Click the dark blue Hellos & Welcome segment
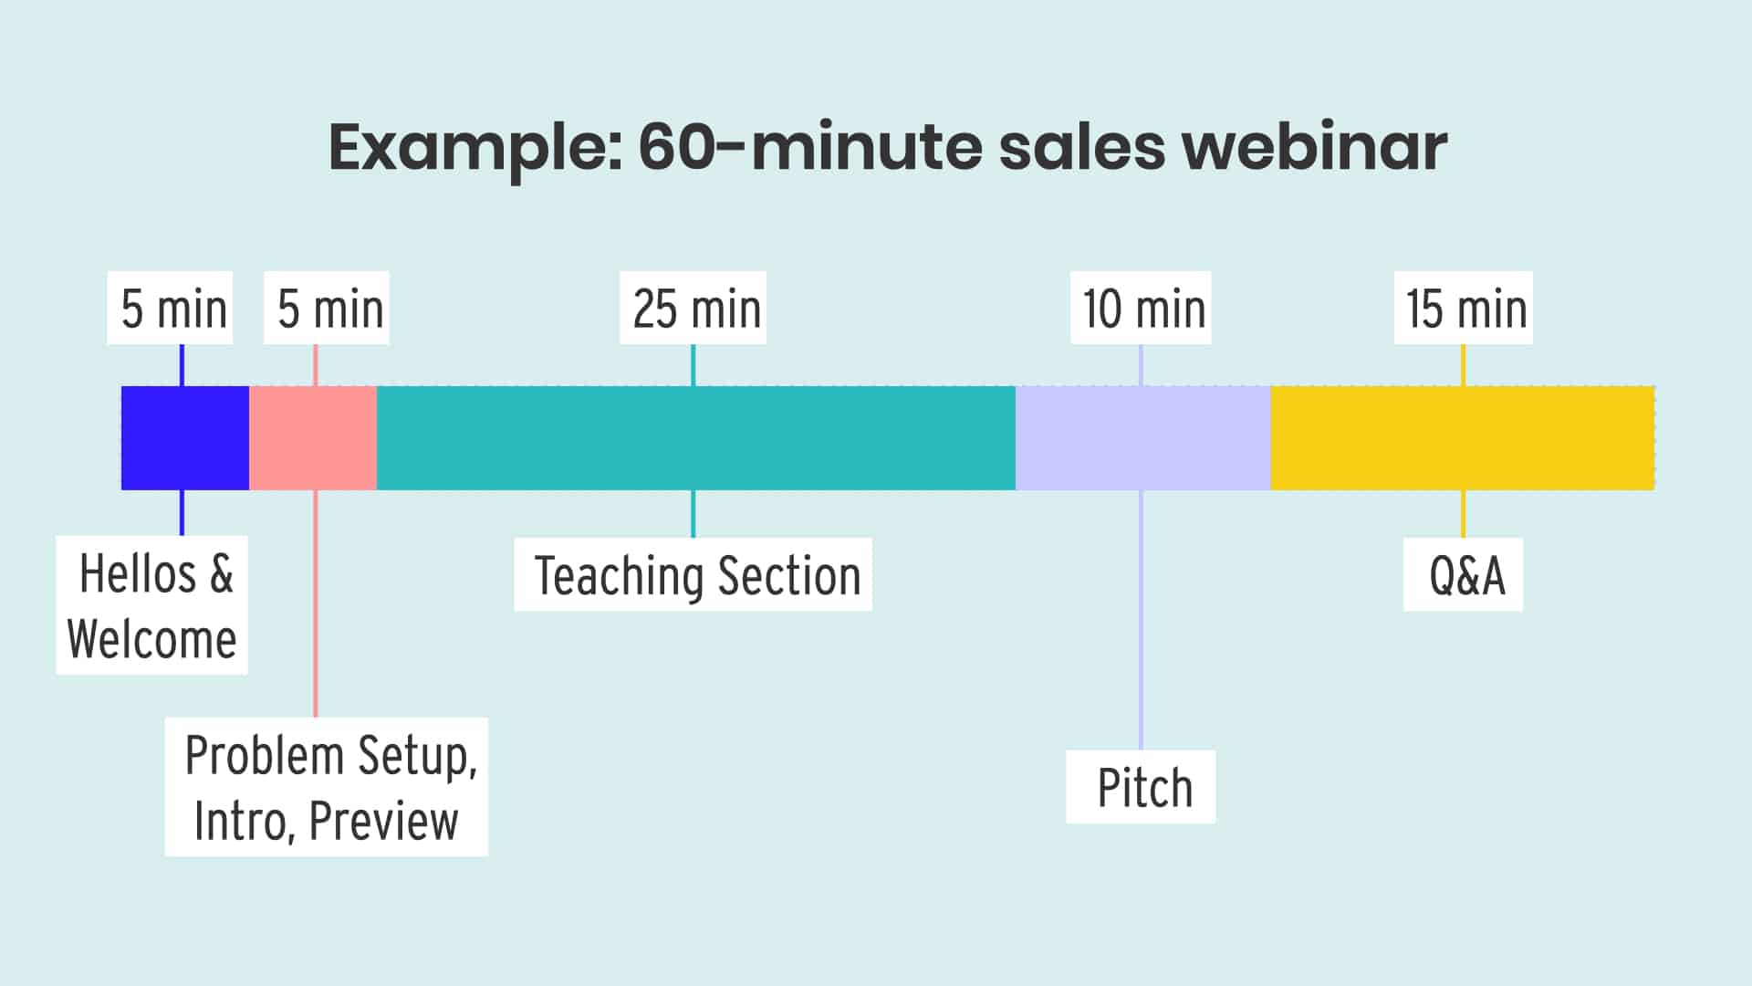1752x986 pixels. pos(184,438)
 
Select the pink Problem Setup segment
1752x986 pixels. pos(313,438)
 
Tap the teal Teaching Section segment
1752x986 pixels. pos(695,438)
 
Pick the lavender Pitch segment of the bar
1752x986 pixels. pos(1142,438)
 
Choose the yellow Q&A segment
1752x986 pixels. pos(1462,438)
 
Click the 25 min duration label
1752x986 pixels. pos(693,309)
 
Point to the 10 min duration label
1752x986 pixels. pos(1141,309)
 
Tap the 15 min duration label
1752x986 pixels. pos(1464,309)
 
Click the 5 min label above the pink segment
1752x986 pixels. pos(327,309)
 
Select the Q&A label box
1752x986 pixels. pos(1464,575)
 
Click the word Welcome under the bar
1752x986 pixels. pos(151,638)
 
